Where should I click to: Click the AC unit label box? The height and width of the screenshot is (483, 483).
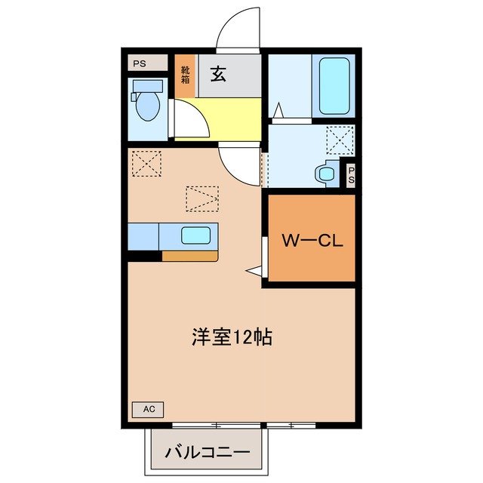(x=149, y=409)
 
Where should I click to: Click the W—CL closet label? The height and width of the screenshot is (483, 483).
(x=312, y=241)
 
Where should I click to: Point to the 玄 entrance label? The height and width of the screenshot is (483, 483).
(x=218, y=75)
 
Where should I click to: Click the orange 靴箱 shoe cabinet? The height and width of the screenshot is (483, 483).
(x=186, y=75)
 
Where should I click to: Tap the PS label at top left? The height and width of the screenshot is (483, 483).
(x=140, y=63)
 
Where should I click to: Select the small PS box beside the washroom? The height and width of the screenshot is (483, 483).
(x=351, y=175)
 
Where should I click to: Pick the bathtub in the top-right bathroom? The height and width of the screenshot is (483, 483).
(x=333, y=86)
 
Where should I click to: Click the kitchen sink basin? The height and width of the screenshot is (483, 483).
(x=195, y=235)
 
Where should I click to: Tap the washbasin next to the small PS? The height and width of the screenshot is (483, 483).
(x=327, y=174)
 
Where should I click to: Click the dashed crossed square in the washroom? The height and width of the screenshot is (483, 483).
(x=340, y=140)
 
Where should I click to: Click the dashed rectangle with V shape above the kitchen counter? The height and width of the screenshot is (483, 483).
(x=202, y=198)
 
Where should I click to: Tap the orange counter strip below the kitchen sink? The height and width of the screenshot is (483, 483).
(x=189, y=256)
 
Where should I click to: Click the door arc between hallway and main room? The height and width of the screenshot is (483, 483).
(x=240, y=164)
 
